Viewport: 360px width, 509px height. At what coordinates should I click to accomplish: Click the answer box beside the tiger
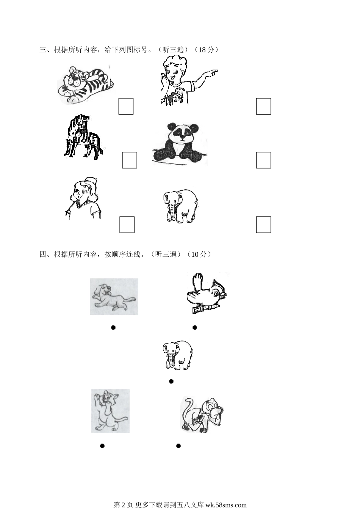point(126,106)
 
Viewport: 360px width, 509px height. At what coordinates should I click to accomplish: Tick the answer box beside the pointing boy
point(263,106)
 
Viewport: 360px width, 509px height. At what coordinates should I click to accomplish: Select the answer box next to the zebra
point(130,160)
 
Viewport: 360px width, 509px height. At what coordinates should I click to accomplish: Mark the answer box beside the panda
point(263,160)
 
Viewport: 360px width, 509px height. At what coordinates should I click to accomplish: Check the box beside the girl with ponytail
point(127,225)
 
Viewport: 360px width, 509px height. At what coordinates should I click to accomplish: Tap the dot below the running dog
point(113,327)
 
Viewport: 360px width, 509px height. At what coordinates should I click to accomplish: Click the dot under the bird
point(195,327)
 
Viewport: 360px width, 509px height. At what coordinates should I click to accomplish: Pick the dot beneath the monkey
point(178,446)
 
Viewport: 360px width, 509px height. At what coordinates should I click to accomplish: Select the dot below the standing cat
point(102,446)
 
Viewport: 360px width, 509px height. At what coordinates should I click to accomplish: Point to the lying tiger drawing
point(86,85)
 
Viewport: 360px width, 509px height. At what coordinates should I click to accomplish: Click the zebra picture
point(83,137)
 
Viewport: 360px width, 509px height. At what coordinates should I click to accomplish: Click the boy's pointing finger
point(213,72)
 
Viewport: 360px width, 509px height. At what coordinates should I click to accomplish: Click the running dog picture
point(114,297)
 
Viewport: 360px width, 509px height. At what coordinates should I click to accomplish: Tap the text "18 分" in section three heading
point(206,50)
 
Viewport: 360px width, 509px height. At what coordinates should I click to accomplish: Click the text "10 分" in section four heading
point(199,254)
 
